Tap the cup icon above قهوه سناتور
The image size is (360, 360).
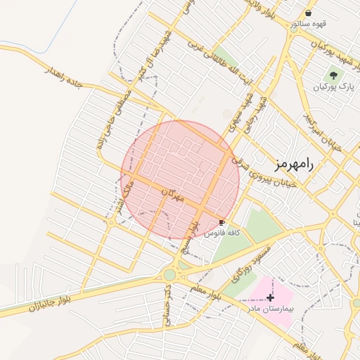309,13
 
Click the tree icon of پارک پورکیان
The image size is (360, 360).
333,75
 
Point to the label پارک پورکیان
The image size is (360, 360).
333,87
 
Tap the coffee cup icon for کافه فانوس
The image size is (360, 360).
222,221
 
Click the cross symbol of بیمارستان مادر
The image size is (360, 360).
270,298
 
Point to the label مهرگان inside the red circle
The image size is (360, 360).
172,195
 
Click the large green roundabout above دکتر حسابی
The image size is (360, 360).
169,274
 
